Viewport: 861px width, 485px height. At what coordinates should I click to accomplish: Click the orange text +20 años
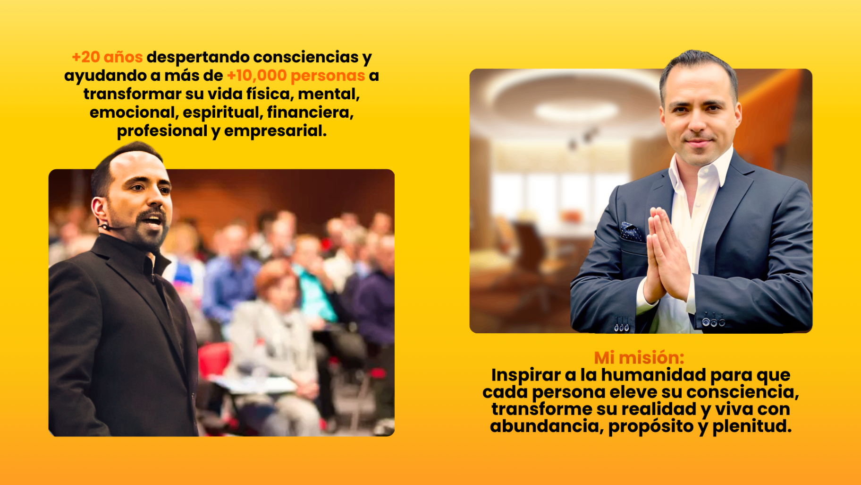click(107, 57)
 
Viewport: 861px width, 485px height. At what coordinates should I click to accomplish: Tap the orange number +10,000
click(257, 76)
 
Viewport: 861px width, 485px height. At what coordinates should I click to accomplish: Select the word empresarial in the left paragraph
click(275, 131)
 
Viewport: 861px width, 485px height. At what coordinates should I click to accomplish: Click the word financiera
click(310, 113)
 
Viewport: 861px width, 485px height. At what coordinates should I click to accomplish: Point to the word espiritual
click(222, 113)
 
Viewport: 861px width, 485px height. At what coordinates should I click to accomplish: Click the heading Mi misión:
click(639, 358)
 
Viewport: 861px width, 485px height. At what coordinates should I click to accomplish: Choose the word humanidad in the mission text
click(653, 375)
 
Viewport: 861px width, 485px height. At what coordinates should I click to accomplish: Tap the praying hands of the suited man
click(666, 256)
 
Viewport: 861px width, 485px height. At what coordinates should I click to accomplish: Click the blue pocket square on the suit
click(630, 231)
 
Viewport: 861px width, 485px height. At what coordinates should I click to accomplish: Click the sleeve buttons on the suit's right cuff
click(713, 322)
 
